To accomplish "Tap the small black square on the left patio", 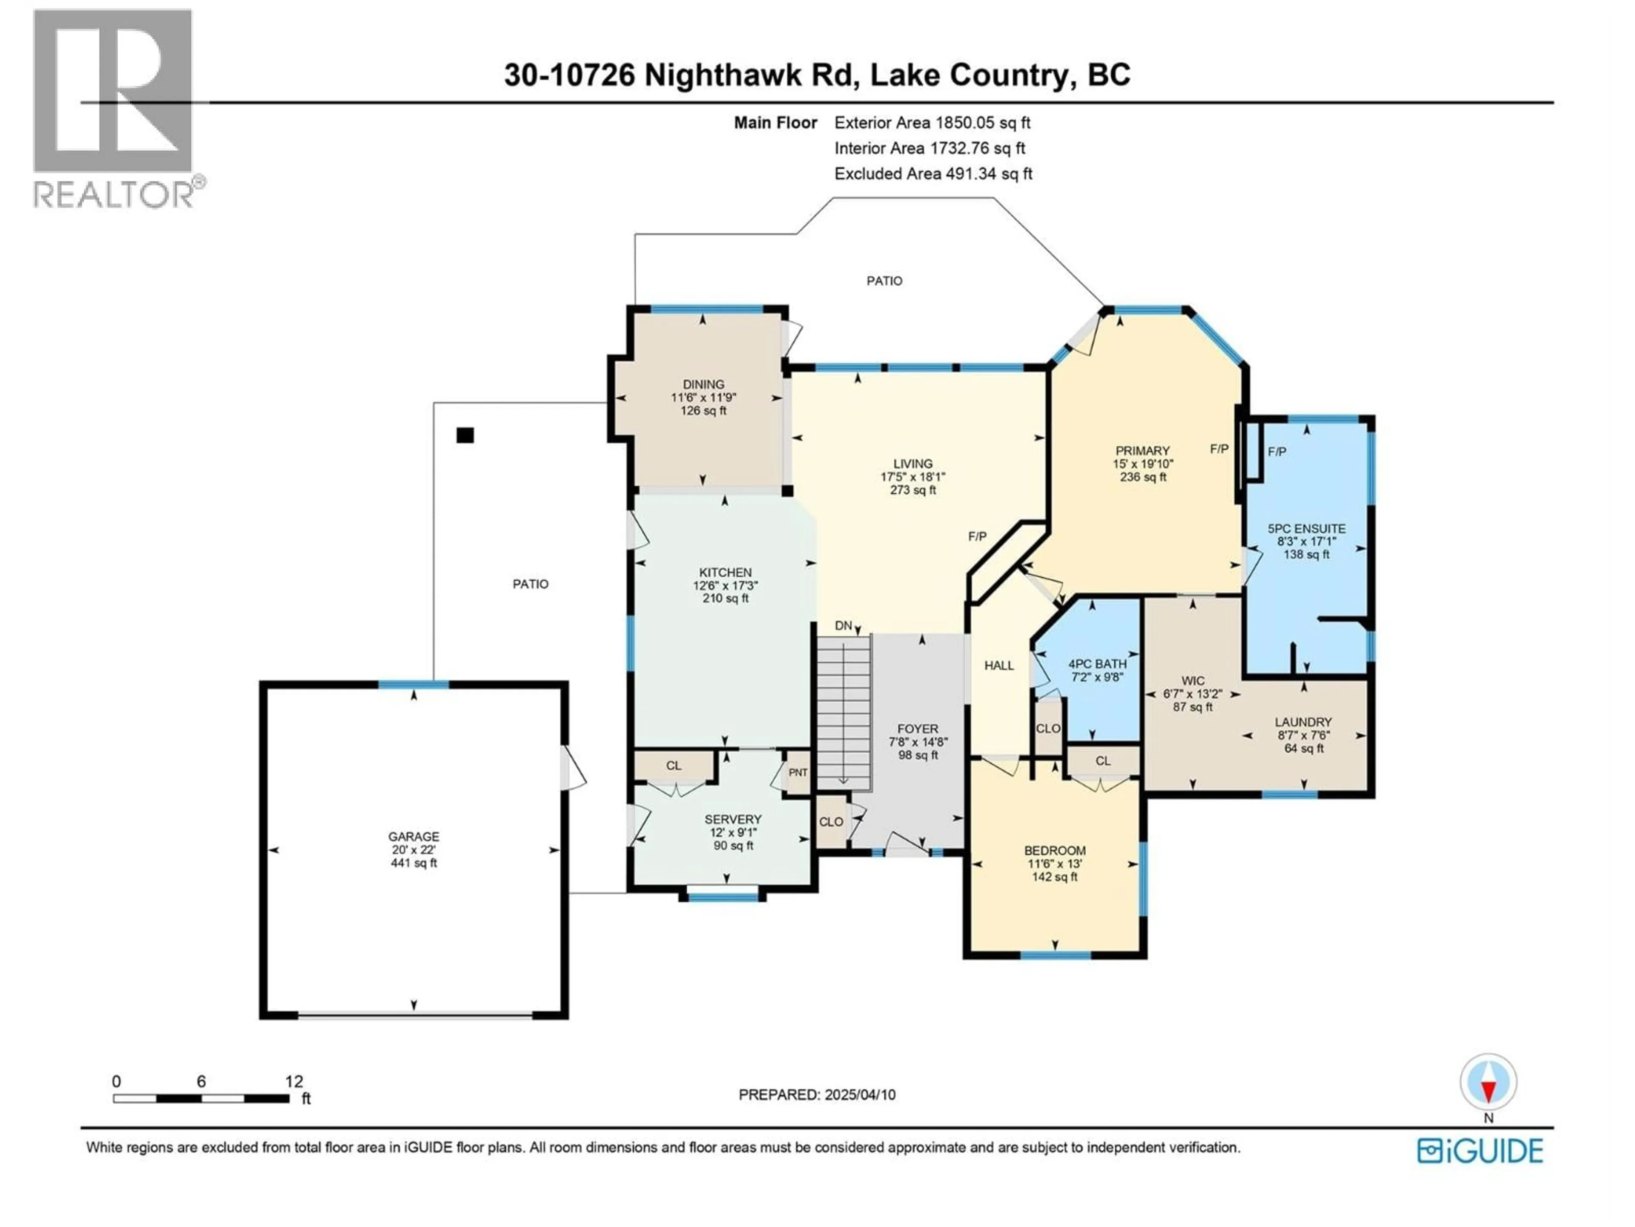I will [x=465, y=435].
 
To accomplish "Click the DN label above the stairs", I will [x=843, y=626].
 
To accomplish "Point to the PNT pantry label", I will [x=798, y=772].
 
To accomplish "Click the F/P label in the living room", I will [x=977, y=536].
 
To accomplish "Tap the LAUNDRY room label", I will [x=1303, y=722].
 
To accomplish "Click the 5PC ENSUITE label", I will [x=1306, y=529].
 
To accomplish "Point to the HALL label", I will [x=998, y=665].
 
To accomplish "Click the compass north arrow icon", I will [x=1488, y=1083].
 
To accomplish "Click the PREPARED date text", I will [x=817, y=1095].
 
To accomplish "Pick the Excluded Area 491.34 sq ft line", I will [x=933, y=174].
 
